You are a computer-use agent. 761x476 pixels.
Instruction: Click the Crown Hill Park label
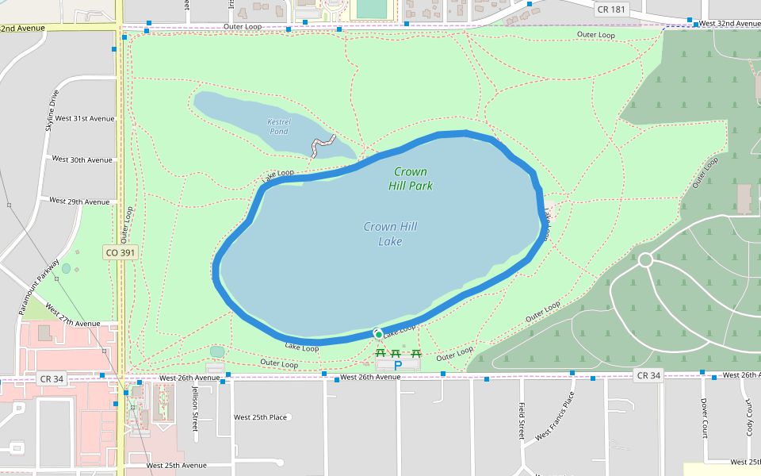click(x=411, y=178)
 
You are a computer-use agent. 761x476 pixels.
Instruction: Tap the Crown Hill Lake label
click(x=390, y=233)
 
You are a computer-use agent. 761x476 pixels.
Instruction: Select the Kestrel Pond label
click(x=279, y=126)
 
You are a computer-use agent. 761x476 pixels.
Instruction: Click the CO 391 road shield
click(x=120, y=252)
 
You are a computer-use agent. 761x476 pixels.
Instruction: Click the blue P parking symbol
click(x=398, y=365)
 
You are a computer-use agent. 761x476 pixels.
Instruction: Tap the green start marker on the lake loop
click(x=379, y=333)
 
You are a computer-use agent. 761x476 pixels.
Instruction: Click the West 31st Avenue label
click(x=82, y=119)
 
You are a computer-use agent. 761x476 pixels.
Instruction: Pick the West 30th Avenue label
click(x=82, y=159)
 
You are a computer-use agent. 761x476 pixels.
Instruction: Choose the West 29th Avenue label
click(x=79, y=202)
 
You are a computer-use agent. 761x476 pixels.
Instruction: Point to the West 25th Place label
click(x=260, y=416)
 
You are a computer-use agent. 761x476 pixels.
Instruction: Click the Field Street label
click(x=522, y=420)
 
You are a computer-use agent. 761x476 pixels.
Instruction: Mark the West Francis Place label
click(x=555, y=416)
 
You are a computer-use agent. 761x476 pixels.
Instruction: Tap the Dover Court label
click(x=704, y=418)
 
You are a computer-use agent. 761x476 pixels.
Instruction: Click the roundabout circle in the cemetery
click(x=645, y=259)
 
